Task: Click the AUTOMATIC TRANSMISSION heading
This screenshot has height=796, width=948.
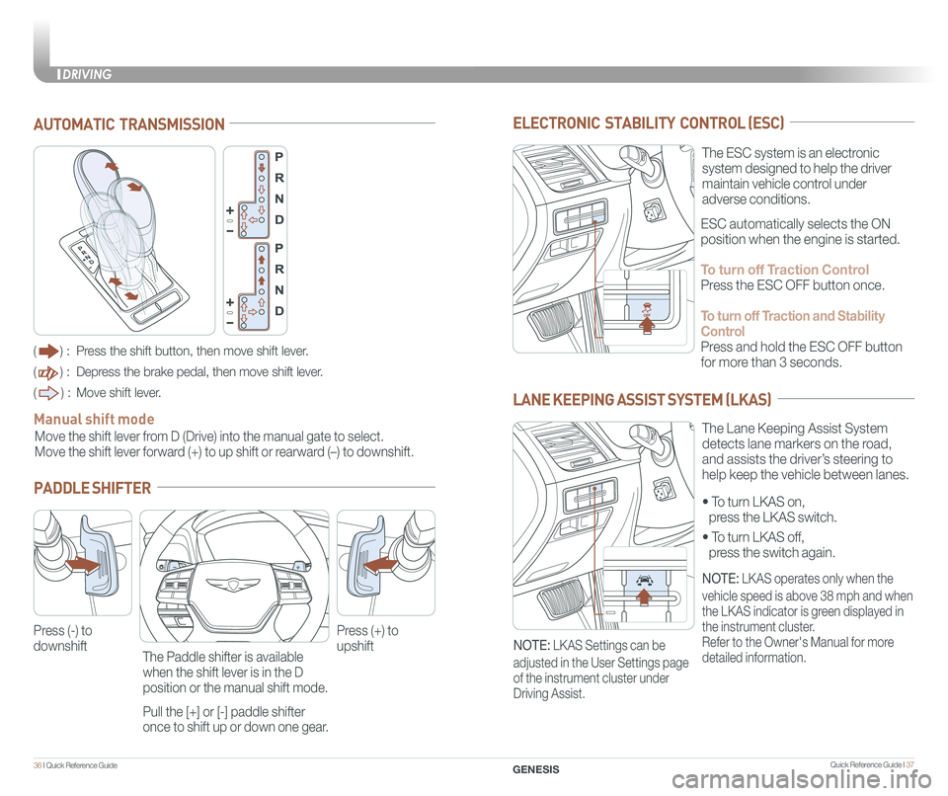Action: click(x=128, y=124)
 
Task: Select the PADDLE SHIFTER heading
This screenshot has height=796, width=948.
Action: click(x=92, y=488)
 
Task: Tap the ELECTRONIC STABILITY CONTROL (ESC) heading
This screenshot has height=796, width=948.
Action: click(x=649, y=123)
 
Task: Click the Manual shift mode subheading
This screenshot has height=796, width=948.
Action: click(x=94, y=420)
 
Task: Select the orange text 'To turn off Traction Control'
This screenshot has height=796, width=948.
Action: click(x=784, y=270)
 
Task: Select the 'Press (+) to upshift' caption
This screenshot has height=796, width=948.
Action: click(x=367, y=638)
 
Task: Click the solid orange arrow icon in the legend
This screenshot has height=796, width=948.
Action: click(x=48, y=351)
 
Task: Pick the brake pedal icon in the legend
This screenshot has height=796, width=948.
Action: click(x=48, y=371)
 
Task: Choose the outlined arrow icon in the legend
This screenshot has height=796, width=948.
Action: click(x=48, y=392)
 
